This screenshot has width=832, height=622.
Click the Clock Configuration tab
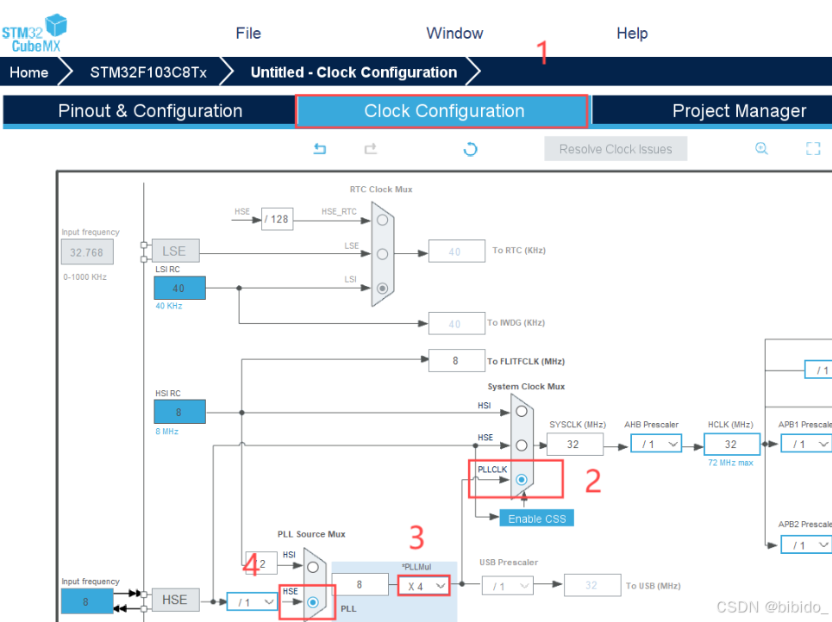(x=443, y=111)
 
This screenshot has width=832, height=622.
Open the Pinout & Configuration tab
(x=150, y=111)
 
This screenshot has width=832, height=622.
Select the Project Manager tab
(x=739, y=111)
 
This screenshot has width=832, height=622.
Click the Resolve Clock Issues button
(x=615, y=149)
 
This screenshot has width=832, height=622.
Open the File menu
(x=248, y=34)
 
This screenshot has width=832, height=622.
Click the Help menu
(x=632, y=34)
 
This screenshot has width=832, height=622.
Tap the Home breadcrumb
(x=29, y=72)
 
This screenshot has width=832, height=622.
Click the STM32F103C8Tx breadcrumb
(x=148, y=72)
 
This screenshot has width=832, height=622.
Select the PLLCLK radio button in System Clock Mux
(x=521, y=479)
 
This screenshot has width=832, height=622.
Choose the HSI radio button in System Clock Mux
(x=521, y=411)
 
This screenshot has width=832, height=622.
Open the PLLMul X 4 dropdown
(x=424, y=586)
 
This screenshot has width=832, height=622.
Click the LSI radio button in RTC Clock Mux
(x=382, y=288)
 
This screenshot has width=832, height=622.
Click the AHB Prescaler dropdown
(x=655, y=444)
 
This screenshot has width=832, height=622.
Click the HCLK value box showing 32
(x=731, y=444)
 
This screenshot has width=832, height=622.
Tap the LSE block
(x=174, y=251)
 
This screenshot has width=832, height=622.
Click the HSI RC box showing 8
(x=179, y=412)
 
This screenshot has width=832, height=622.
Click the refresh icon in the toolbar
(x=470, y=149)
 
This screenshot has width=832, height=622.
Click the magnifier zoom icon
(x=761, y=148)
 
